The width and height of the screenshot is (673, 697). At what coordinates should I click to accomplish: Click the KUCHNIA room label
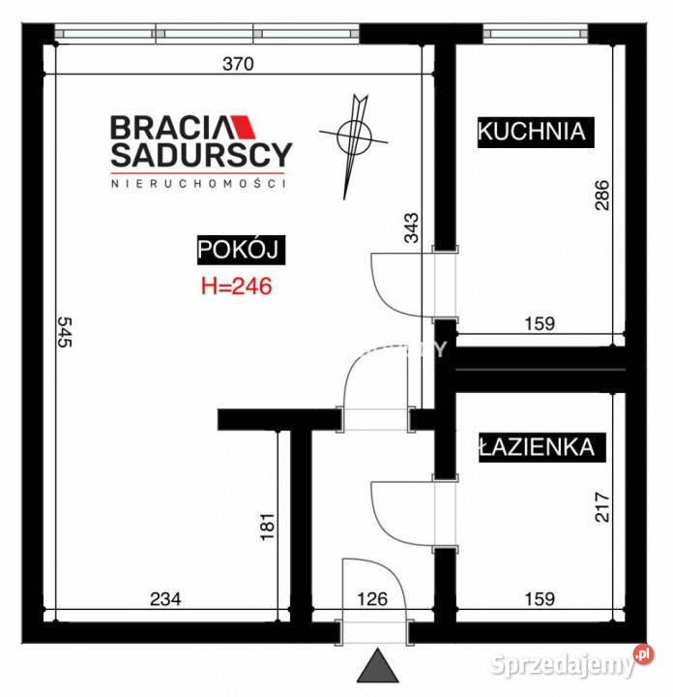536,132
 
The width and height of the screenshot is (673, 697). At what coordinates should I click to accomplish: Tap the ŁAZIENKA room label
542,447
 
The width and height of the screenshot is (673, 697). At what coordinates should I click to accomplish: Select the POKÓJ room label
241,250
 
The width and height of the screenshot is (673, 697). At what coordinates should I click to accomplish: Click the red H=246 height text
236,287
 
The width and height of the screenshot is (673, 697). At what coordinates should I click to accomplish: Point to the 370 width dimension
238,64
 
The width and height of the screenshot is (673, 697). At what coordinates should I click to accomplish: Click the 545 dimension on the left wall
65,332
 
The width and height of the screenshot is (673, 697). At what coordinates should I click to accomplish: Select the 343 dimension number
411,227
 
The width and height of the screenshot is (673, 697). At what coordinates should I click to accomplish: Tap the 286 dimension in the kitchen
601,196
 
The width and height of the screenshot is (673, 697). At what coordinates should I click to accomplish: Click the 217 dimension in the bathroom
601,506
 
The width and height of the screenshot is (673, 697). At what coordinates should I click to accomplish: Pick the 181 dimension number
267,527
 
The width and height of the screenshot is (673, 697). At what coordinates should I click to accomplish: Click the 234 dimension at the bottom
165,599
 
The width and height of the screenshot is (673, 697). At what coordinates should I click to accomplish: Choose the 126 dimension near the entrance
372,599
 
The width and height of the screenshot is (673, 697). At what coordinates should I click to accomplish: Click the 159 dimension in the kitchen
540,323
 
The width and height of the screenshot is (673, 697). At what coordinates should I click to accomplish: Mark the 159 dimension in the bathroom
540,599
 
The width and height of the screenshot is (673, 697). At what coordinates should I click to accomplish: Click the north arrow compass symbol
354,136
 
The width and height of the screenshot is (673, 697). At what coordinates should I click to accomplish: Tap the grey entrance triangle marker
378,665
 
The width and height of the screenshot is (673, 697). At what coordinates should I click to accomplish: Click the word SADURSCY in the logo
201,155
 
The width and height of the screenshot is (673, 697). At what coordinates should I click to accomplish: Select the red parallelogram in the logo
243,127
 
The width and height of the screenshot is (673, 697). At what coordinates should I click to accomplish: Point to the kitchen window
536,34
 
